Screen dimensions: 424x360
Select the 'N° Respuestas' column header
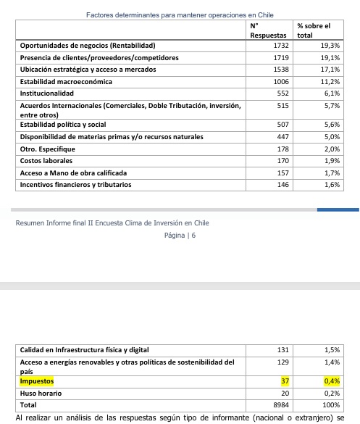point(269,30)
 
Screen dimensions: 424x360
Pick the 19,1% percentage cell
point(331,57)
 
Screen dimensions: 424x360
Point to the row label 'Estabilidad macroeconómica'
point(66,82)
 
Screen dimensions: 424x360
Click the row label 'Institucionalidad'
point(47,93)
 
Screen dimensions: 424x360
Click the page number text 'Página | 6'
point(180,236)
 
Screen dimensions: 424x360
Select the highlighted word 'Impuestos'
point(37,381)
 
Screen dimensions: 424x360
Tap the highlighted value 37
point(285,381)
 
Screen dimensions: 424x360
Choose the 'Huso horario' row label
point(41,394)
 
